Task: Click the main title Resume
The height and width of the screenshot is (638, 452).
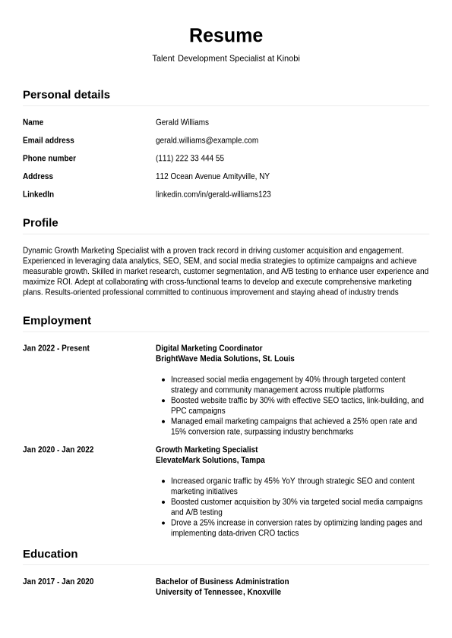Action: pos(226,36)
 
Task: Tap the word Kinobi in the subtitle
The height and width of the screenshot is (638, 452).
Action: pos(288,58)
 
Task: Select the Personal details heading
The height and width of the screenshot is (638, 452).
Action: pos(66,95)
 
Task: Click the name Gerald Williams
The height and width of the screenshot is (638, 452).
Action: pos(182,122)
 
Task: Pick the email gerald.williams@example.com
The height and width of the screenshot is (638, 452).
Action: pos(207,140)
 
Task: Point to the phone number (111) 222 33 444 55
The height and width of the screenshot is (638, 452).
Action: pos(189,159)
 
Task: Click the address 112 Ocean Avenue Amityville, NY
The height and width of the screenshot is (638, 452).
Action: pos(212,177)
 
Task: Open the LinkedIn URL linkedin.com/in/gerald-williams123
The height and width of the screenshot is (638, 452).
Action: pos(213,195)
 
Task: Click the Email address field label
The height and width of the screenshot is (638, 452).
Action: pos(48,140)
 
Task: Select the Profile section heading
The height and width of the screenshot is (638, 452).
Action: pos(40,223)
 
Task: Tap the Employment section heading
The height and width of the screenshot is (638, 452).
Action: pos(57,321)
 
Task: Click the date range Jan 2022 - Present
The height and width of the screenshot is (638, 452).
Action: pos(55,349)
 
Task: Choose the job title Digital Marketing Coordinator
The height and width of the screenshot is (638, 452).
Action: pos(209,349)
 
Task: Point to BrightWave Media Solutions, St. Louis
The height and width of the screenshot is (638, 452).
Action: pos(225,359)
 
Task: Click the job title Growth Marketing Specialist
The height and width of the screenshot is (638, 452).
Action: pos(207,450)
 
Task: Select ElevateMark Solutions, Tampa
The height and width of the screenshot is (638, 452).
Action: pos(210,460)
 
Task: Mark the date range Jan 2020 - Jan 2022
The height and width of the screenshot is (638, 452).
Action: pos(58,450)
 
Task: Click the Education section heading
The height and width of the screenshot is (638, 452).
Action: pos(50,554)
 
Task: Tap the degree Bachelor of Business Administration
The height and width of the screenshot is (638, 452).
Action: pos(222,582)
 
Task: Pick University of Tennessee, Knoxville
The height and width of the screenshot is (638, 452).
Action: pos(218,592)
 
